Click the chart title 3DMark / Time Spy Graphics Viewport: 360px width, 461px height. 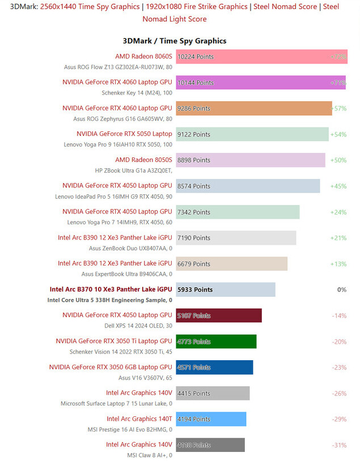tap(175, 41)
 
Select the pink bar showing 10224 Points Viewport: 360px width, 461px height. tap(261, 57)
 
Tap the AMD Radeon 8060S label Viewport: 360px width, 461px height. tap(143, 56)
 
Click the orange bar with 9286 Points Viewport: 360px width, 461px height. tap(253, 108)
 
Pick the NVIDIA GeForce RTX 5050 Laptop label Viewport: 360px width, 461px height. tap(124, 134)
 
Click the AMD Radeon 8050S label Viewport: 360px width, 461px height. tap(143, 160)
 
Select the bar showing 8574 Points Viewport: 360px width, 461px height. tap(248, 186)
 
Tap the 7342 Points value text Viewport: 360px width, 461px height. tap(194, 212)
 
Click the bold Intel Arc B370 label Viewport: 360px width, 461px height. tap(111, 289)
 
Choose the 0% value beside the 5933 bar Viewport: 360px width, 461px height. tap(341, 289)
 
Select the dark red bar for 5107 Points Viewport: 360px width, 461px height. tap(219, 315)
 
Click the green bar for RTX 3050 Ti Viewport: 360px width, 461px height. tap(216, 342)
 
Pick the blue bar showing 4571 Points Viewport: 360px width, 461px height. tap(214, 367)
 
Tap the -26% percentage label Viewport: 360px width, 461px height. tap(338, 394)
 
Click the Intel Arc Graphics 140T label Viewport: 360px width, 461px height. tap(139, 419)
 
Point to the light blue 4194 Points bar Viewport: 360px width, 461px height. tap(211, 419)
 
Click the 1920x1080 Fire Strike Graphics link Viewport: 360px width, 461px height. tap(196, 7)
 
